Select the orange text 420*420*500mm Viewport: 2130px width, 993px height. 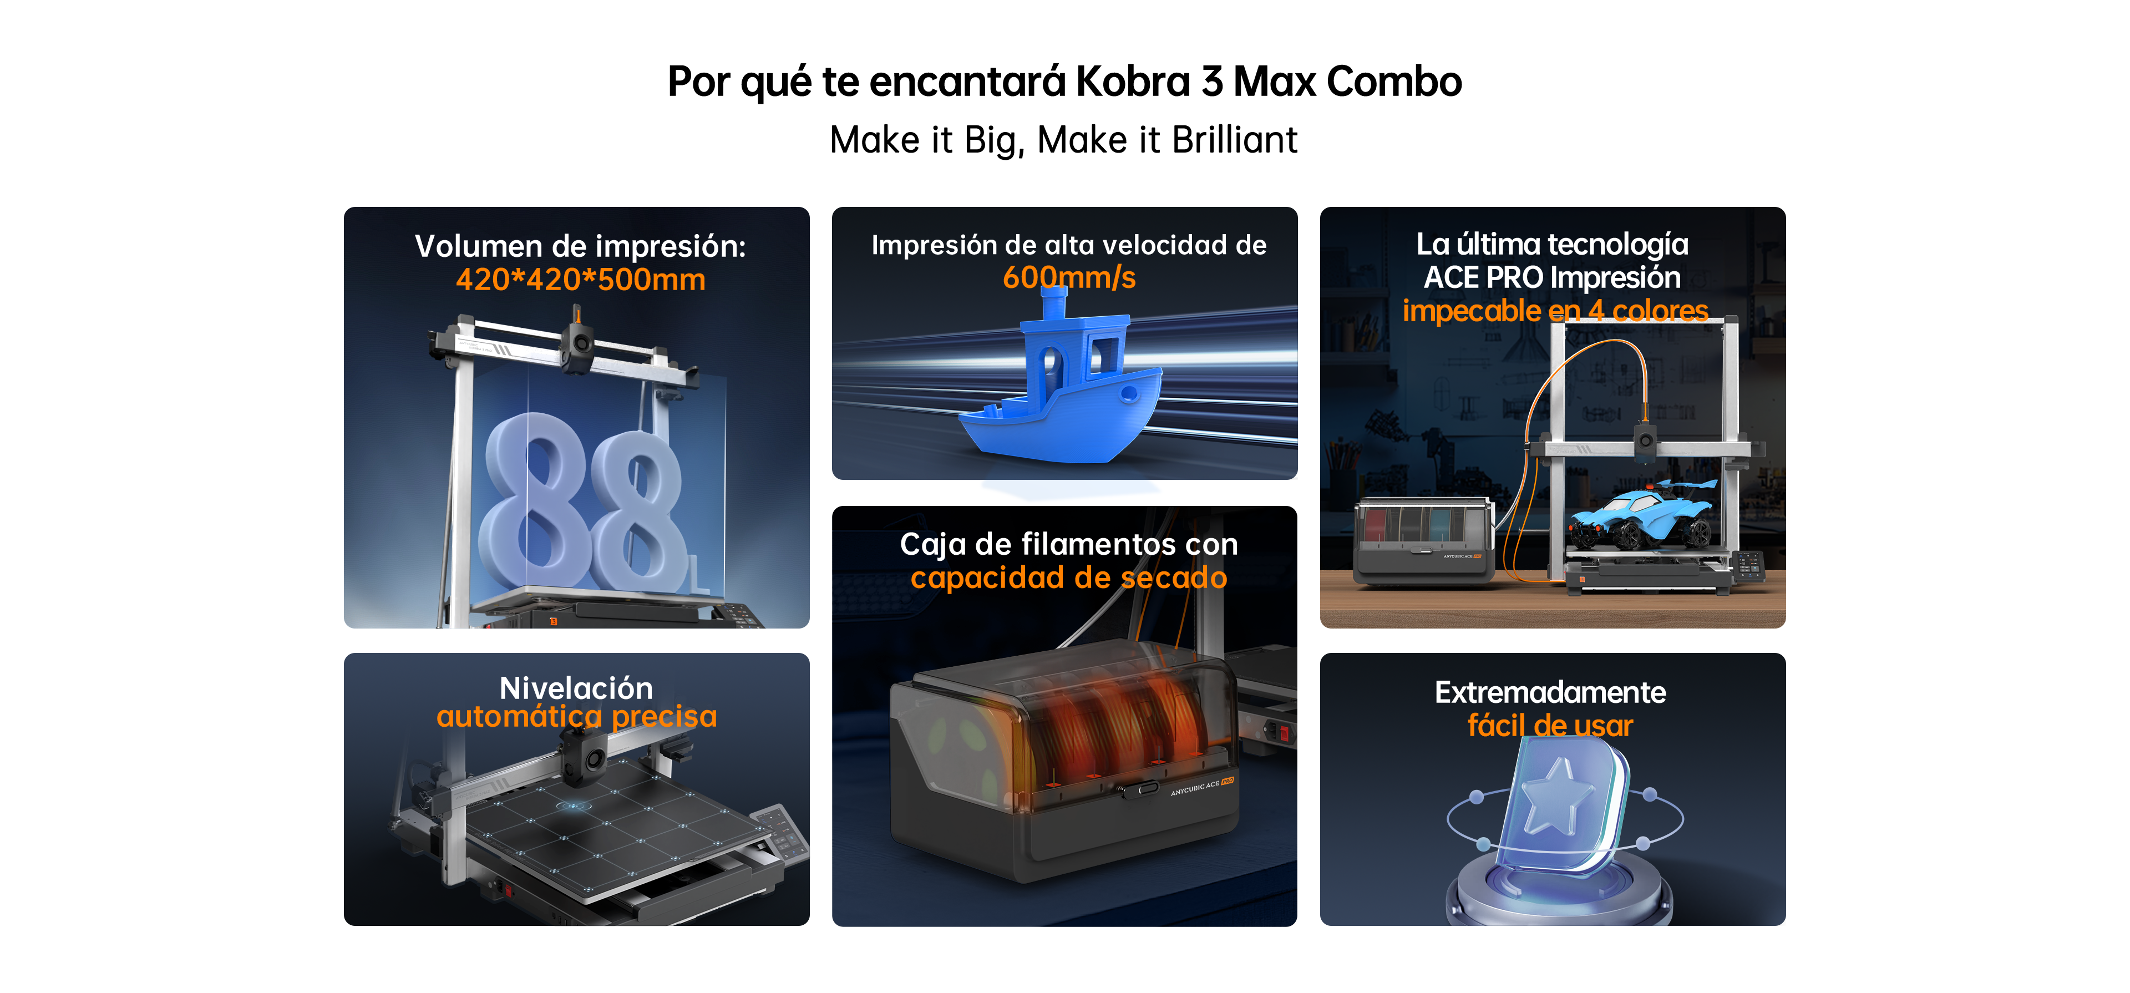pos(580,280)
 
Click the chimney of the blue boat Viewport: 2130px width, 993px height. pos(1053,302)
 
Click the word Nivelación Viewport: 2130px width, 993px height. pos(576,688)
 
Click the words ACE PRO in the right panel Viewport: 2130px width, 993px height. pos(1469,278)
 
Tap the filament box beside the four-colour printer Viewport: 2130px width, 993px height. pos(1424,541)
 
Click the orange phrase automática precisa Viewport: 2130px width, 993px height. pos(576,716)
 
